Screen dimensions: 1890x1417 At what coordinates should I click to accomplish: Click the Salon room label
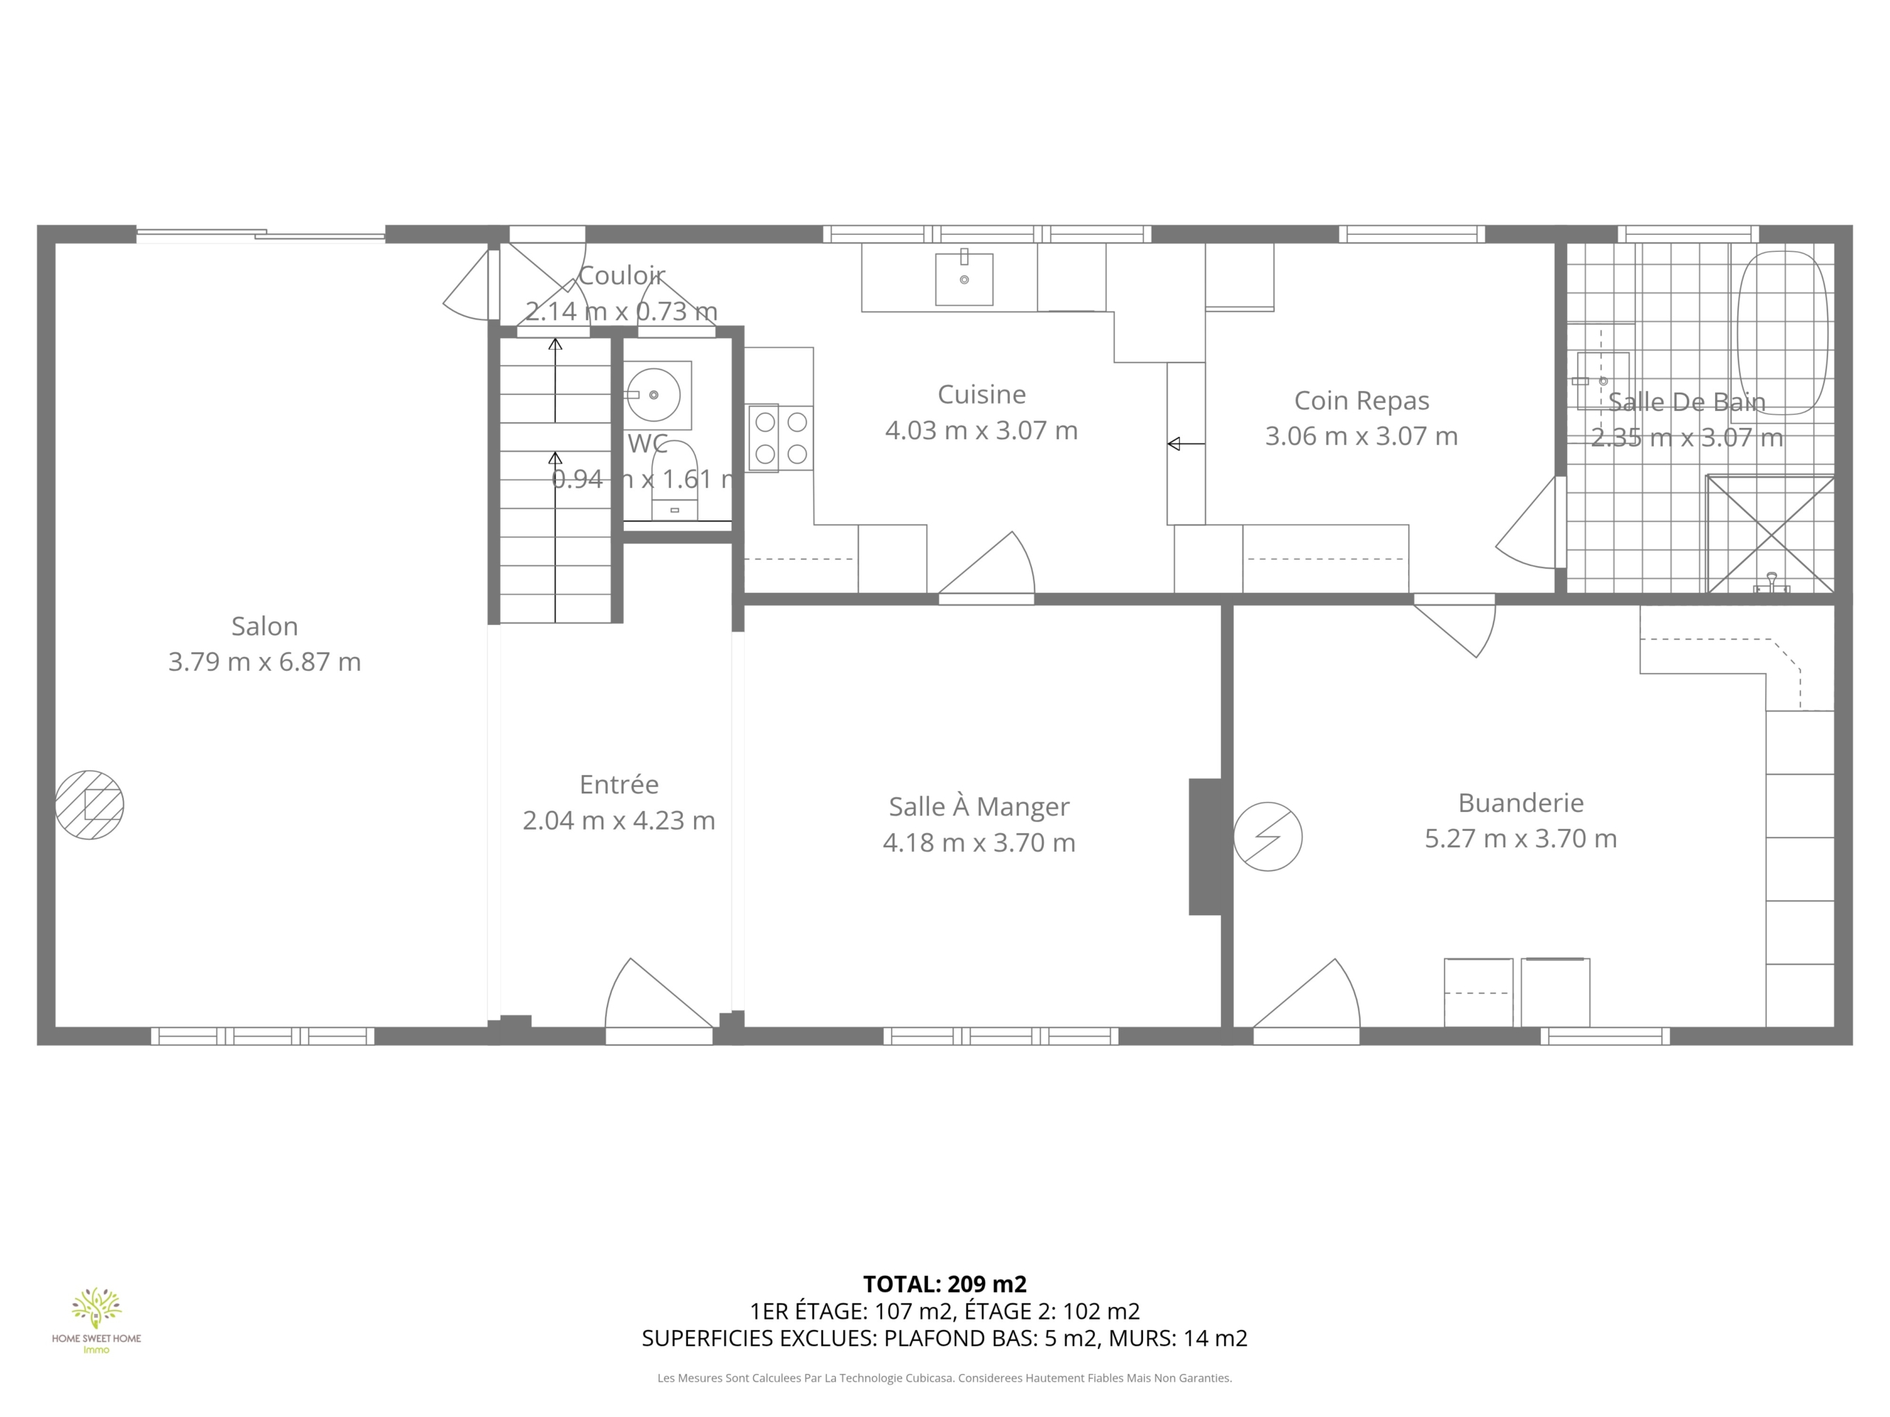coord(265,626)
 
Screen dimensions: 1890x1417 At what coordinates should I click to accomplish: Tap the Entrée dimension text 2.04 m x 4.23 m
coord(619,820)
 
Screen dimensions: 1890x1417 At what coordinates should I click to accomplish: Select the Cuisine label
coord(982,395)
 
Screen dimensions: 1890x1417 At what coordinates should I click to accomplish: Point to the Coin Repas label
coord(1361,401)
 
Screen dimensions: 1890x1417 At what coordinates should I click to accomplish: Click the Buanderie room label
coord(1521,803)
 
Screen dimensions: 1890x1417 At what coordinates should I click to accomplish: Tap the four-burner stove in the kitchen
coord(781,438)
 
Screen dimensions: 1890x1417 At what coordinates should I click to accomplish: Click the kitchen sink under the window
coord(963,277)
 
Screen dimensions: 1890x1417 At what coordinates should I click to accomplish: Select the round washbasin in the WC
coord(653,395)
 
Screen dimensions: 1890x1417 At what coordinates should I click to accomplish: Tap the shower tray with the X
coord(1770,534)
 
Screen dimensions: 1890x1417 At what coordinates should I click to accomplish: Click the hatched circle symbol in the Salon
coord(90,804)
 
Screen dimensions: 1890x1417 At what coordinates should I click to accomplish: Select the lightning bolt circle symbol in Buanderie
coord(1268,837)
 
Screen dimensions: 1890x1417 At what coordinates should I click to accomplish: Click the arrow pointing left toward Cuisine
coord(1186,444)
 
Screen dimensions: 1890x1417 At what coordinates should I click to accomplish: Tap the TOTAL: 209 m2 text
coord(945,1283)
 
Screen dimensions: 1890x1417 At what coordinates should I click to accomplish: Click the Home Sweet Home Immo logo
coord(97,1320)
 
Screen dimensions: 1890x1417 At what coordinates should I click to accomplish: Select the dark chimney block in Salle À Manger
coord(1205,847)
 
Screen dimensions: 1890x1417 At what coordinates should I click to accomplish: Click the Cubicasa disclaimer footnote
coord(945,1378)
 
